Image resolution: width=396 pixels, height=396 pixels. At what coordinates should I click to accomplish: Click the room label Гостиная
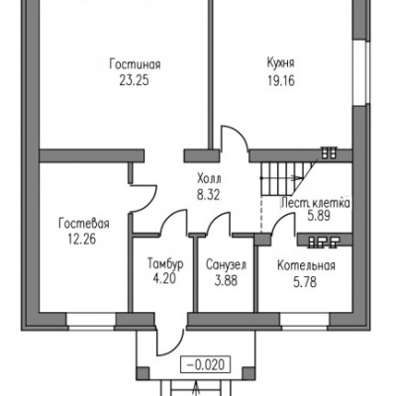click(135, 64)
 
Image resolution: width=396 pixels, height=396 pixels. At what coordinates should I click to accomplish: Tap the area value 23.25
click(134, 80)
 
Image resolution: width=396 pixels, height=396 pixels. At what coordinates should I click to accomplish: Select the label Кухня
click(280, 62)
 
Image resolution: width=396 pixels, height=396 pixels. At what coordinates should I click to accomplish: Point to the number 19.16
click(281, 80)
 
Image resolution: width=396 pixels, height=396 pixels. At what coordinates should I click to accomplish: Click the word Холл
click(209, 179)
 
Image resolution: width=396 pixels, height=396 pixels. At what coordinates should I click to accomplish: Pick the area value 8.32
click(208, 195)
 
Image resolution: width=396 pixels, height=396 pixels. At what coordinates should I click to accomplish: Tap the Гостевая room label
click(84, 224)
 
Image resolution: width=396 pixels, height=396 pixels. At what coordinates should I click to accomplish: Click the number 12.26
click(82, 240)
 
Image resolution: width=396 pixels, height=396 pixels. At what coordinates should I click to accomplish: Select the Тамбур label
click(165, 263)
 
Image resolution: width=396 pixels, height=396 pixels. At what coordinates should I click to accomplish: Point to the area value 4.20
click(164, 279)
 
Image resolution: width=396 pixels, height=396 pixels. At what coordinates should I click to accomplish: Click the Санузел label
click(227, 264)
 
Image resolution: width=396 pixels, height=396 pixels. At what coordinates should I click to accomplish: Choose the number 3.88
click(226, 281)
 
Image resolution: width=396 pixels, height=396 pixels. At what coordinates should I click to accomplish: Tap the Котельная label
click(306, 265)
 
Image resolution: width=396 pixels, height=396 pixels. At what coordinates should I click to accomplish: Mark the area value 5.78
click(305, 282)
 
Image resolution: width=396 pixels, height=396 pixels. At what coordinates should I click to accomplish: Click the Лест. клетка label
click(315, 203)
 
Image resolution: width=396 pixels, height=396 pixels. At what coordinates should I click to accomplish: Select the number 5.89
click(319, 216)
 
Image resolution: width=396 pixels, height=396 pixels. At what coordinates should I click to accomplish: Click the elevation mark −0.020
click(206, 365)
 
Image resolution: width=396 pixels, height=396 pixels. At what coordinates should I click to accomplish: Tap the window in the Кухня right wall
click(359, 72)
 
